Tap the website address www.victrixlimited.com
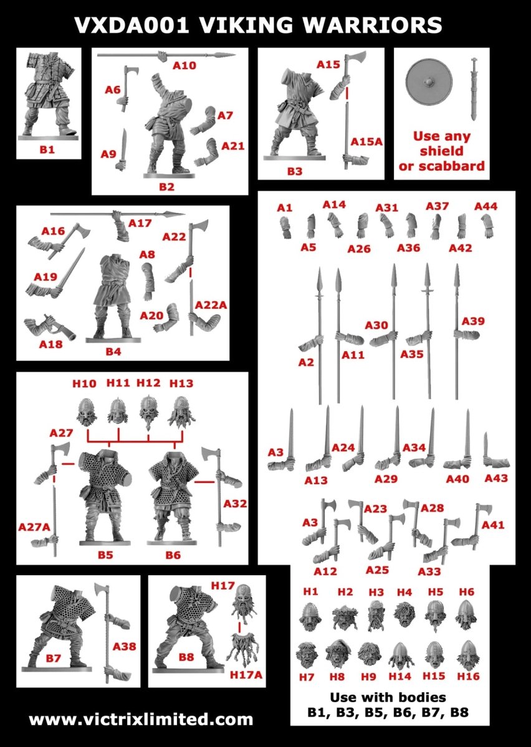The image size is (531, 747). pyautogui.click(x=141, y=720)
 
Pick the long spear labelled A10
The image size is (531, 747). pyautogui.click(x=166, y=55)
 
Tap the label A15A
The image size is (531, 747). pyautogui.click(x=366, y=141)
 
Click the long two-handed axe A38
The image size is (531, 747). pyautogui.click(x=105, y=629)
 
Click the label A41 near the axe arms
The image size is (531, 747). pyautogui.click(x=493, y=525)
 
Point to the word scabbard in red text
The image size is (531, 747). pyautogui.click(x=451, y=166)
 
